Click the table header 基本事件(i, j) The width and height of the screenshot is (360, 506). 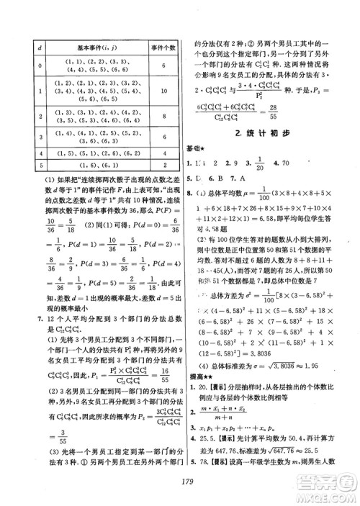[x=96, y=48]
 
